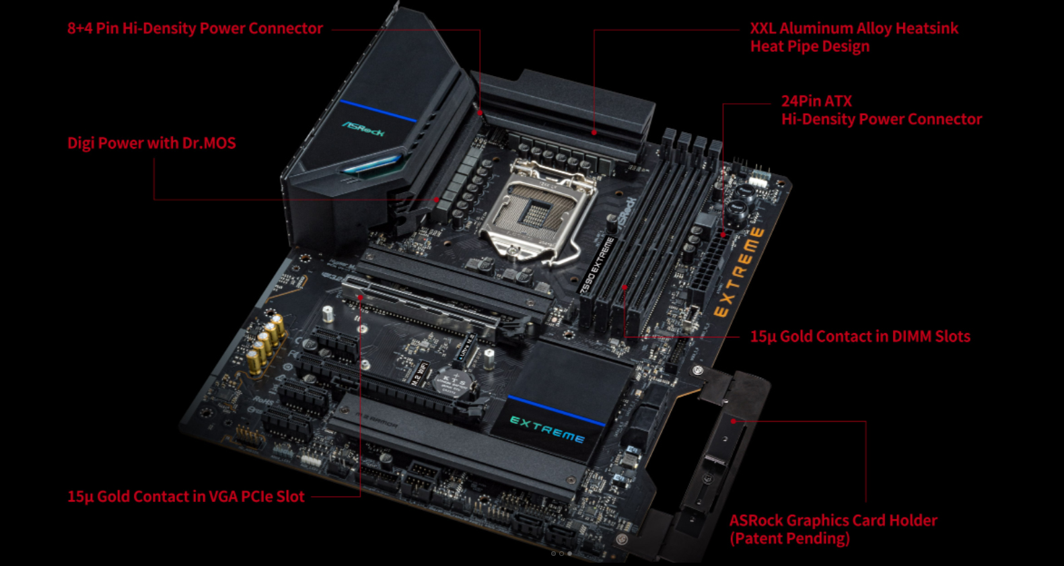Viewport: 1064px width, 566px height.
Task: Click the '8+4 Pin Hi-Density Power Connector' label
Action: pos(195,28)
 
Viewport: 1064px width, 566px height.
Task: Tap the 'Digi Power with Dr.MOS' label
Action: pos(151,143)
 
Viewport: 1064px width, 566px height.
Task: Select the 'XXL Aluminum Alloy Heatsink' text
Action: pos(854,28)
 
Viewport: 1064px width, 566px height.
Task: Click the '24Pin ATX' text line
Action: pos(816,101)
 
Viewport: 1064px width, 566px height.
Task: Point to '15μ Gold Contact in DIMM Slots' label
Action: pos(860,337)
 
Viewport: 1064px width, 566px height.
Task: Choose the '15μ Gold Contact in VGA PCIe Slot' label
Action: pos(186,497)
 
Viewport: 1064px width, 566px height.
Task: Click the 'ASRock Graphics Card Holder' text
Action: pos(833,520)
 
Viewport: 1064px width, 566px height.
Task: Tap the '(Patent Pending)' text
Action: pos(789,538)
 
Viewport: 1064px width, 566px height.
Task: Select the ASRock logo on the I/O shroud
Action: pos(363,129)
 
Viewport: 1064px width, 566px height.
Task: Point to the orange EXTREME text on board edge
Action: pos(738,273)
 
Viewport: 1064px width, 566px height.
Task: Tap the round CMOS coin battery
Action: pos(454,382)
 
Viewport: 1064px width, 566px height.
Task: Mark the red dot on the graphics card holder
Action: pos(734,421)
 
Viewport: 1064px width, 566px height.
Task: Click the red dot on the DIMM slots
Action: pos(625,287)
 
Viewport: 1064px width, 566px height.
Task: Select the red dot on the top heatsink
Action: pos(594,133)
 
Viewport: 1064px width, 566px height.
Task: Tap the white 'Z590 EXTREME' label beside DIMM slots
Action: pos(596,265)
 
